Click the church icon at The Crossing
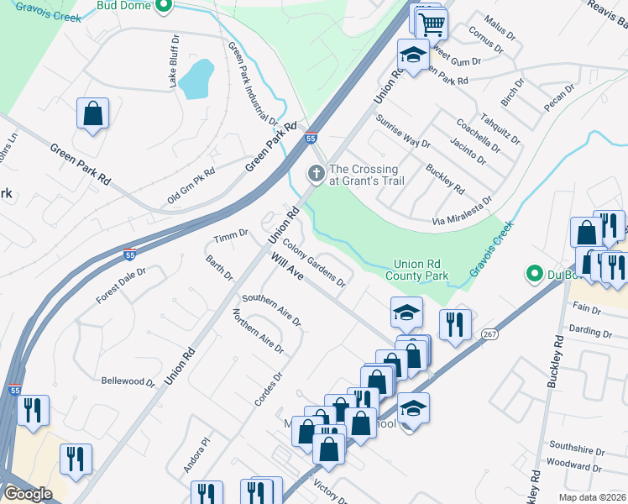tap(317, 174)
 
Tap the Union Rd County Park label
tap(416, 270)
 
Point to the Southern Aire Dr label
tap(271, 310)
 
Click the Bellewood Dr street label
tap(128, 381)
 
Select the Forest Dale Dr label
tap(121, 286)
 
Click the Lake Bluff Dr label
tap(175, 61)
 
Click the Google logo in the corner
tap(28, 494)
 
